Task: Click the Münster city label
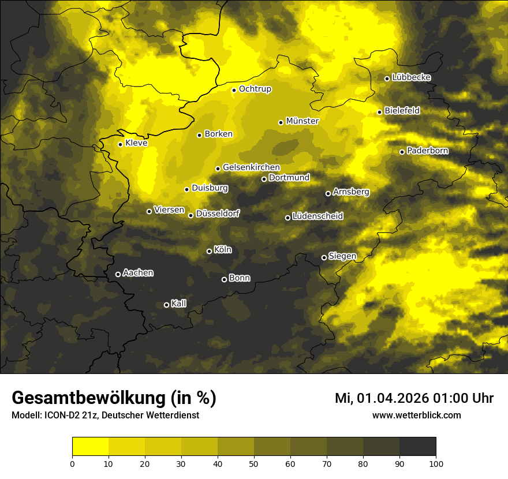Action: point(302,121)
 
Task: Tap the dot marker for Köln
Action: point(209,251)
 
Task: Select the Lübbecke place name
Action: point(411,77)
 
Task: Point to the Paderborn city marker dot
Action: point(402,152)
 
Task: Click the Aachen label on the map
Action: point(138,273)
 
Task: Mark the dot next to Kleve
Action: point(120,144)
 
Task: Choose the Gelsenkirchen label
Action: point(251,167)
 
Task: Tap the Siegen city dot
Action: point(324,257)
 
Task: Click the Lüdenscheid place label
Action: point(317,216)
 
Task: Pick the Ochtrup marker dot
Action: point(234,90)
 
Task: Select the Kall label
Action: point(179,304)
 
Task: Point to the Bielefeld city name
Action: point(402,110)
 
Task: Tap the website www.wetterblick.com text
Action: point(417,415)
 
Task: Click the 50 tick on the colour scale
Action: point(254,463)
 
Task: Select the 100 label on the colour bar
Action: point(436,463)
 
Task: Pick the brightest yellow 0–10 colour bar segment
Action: point(91,446)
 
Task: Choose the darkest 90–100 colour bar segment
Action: point(417,446)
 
